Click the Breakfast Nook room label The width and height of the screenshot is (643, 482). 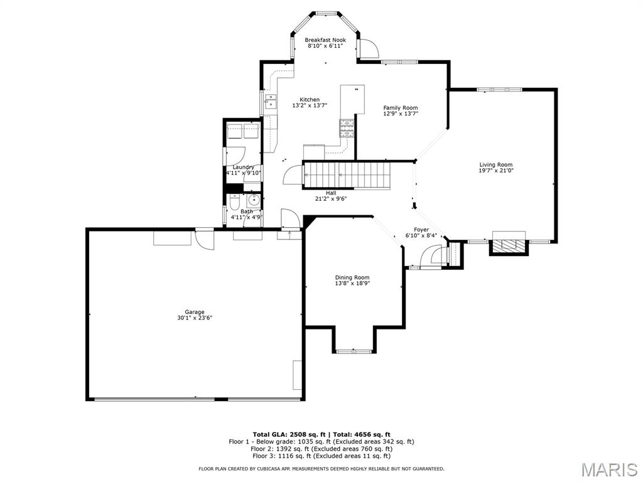325,40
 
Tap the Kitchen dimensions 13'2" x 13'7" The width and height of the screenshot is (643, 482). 310,105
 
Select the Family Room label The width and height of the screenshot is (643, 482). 401,108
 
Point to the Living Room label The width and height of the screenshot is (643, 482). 496,165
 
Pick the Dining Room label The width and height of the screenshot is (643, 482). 352,277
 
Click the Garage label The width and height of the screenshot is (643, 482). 195,312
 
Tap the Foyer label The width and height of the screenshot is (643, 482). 421,230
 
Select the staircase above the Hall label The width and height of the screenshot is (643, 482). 346,176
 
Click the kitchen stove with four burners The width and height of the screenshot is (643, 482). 347,127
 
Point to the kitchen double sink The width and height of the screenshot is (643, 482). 271,101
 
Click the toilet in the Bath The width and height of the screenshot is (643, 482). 234,203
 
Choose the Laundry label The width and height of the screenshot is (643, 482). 244,167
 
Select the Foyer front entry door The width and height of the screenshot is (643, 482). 431,257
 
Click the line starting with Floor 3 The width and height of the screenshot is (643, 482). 321,456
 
